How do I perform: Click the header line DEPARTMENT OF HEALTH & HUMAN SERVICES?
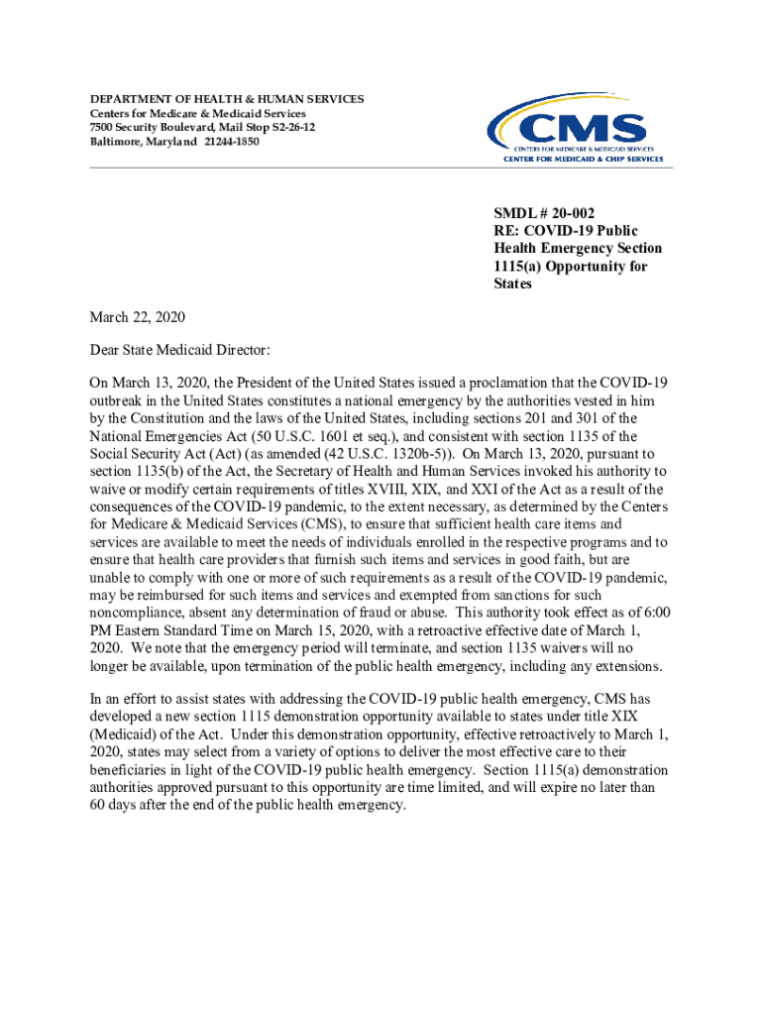(x=227, y=99)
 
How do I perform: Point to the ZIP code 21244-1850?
(x=230, y=142)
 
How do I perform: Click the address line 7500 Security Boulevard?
(x=148, y=128)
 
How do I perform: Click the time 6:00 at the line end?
(x=656, y=614)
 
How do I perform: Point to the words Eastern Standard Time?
(x=177, y=631)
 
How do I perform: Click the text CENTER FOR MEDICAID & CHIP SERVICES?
(x=584, y=160)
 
